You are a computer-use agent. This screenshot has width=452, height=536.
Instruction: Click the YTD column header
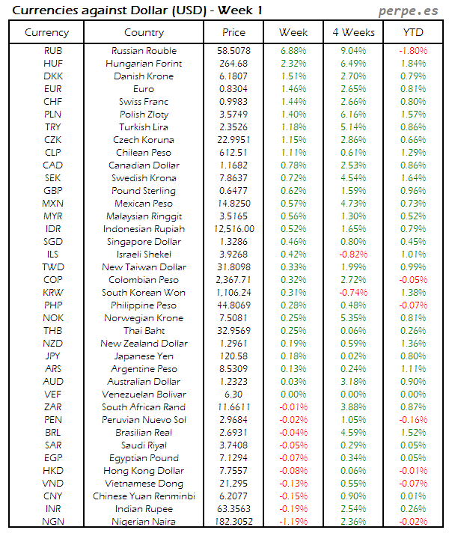[x=412, y=32]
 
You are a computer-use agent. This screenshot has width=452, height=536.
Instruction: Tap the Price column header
[x=233, y=32]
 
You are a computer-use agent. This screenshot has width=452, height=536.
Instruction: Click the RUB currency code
[x=52, y=51]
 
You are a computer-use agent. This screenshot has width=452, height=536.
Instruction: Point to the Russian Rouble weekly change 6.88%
[x=293, y=51]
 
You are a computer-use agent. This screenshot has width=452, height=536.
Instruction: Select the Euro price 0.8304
[x=233, y=89]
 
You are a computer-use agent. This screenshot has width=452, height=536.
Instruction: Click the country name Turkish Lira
[x=144, y=127]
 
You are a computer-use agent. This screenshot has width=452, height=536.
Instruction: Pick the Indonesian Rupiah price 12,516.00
[x=233, y=229]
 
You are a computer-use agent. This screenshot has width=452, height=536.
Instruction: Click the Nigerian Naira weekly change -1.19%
[x=293, y=522]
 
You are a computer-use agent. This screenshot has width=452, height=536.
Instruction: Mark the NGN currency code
[x=52, y=522]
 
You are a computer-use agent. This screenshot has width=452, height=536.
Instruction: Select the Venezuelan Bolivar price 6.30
[x=233, y=395]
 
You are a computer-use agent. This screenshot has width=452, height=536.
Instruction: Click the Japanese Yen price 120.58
[x=233, y=356]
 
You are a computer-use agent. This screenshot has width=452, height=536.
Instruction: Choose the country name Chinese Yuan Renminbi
[x=144, y=496]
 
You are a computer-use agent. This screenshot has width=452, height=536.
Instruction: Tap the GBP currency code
[x=52, y=191]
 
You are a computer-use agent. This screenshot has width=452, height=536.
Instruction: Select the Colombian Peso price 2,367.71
[x=233, y=280]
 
